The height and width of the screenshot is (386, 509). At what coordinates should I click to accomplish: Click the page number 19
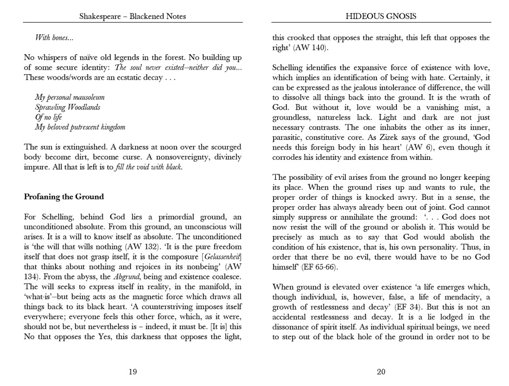(133, 371)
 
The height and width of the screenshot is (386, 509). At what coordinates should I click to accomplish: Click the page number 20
(381, 371)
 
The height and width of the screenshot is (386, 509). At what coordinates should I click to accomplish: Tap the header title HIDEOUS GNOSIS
(381, 16)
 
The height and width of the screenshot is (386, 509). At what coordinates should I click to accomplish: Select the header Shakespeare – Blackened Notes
(133, 16)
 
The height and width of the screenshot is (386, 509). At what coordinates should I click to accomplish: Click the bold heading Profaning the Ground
(64, 196)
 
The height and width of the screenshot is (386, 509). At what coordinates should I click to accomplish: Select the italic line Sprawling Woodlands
(68, 107)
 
